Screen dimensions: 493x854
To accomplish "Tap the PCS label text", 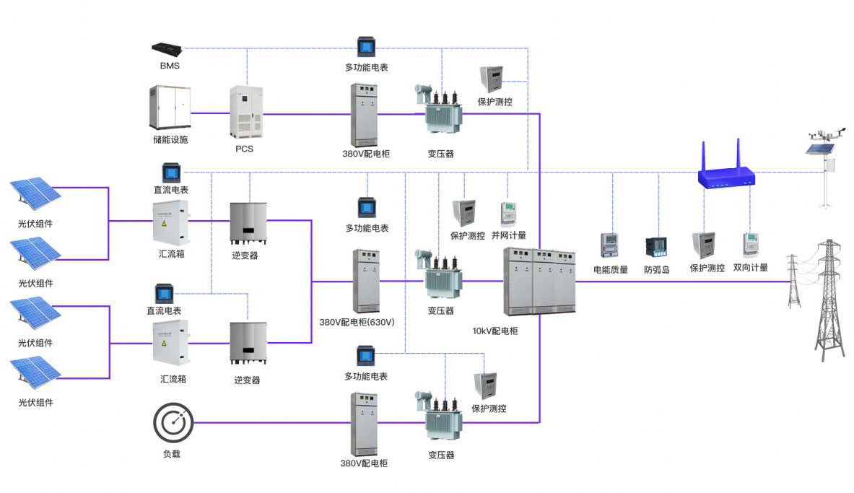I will point(245,149).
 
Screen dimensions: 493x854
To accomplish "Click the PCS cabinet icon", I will point(245,113).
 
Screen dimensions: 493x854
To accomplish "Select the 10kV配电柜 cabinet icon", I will point(540,282).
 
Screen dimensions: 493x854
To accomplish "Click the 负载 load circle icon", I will point(173,422).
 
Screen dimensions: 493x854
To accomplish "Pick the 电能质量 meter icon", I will point(611,245).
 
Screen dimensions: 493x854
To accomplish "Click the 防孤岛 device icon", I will point(656,247).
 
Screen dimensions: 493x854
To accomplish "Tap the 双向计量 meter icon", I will point(751,245).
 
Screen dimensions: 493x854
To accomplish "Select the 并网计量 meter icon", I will point(509,214).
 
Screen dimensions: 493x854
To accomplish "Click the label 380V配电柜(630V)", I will point(355,322).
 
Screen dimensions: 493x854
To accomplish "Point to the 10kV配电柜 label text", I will point(495,331).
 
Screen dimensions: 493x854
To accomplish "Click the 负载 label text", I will point(171,454).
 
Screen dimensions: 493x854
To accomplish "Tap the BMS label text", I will point(170,66).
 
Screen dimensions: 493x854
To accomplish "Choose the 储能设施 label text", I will point(170,139).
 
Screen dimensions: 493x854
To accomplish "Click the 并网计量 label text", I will point(509,235).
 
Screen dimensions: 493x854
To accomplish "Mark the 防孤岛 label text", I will point(657,269).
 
